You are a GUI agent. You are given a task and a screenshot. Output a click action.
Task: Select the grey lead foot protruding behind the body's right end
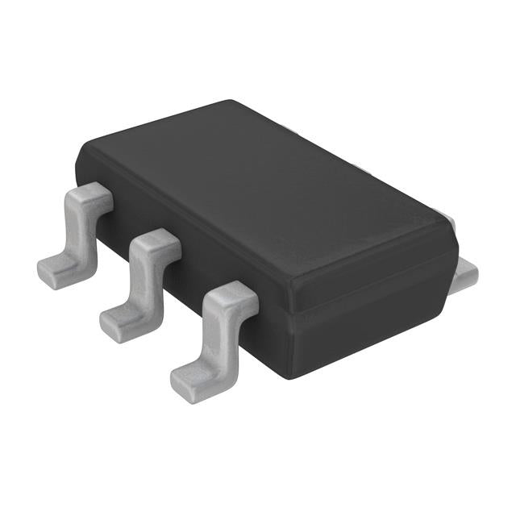click(x=467, y=274)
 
